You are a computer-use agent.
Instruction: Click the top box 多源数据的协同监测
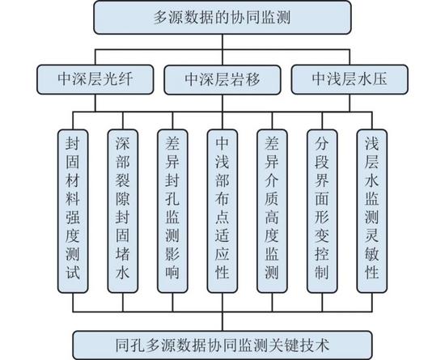222,18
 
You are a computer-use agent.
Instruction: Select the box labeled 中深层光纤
95,79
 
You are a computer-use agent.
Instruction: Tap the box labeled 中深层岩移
222,79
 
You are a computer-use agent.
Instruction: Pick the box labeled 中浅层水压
350,79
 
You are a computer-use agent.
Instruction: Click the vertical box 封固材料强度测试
73,211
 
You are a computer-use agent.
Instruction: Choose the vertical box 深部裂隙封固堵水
123,211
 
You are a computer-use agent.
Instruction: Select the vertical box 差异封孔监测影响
172,211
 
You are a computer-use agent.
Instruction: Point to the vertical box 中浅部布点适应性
222,211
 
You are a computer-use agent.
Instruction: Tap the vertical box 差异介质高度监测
272,211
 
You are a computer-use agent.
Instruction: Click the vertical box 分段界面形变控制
322,211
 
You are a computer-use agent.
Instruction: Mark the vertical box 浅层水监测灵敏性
372,211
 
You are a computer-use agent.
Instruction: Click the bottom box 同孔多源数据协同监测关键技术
222,345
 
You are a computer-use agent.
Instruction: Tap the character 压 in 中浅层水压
379,79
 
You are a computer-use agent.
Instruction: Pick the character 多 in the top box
161,18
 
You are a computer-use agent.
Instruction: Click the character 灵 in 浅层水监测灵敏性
372,235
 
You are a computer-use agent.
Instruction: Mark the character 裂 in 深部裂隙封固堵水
123,180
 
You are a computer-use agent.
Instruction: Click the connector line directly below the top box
222,42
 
